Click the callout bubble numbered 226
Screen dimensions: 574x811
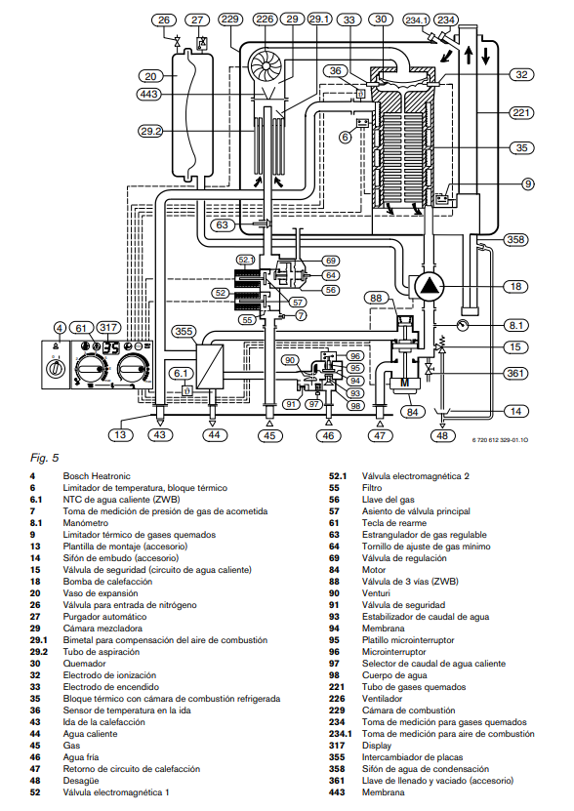click(x=265, y=20)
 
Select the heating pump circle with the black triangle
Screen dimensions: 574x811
click(x=430, y=287)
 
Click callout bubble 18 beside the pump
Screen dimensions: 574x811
click(x=516, y=287)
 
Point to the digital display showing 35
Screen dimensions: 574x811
click(x=109, y=347)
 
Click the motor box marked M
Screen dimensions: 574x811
click(x=405, y=384)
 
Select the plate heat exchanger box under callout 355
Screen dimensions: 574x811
click(x=210, y=366)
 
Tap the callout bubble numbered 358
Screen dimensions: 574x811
click(x=516, y=239)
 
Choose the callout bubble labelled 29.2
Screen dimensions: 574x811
click(x=150, y=132)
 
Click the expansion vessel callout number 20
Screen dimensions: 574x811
click(x=150, y=76)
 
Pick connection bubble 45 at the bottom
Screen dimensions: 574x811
click(x=269, y=435)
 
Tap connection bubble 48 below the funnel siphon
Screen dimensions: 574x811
click(x=442, y=435)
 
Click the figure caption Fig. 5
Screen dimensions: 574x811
click(x=45, y=458)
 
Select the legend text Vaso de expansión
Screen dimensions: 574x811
click(x=101, y=593)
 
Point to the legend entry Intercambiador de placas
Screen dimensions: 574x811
click(x=413, y=757)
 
